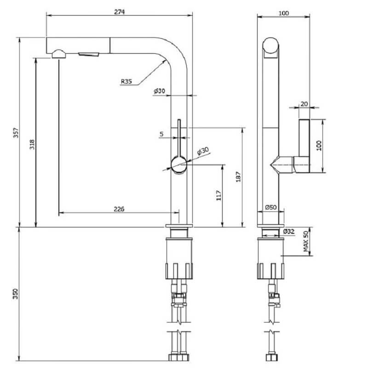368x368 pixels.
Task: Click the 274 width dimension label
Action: [120, 12]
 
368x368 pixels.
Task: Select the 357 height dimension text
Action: [16, 133]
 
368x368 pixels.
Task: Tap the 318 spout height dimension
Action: [32, 144]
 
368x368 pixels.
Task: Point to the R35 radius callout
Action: [126, 81]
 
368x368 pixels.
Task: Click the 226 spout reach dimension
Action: [119, 209]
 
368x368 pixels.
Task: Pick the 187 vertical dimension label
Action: [238, 177]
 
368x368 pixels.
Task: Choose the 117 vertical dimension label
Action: [219, 196]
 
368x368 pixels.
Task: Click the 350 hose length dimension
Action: [16, 294]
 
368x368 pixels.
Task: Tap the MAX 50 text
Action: [305, 241]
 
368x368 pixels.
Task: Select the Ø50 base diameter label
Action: [271, 207]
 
